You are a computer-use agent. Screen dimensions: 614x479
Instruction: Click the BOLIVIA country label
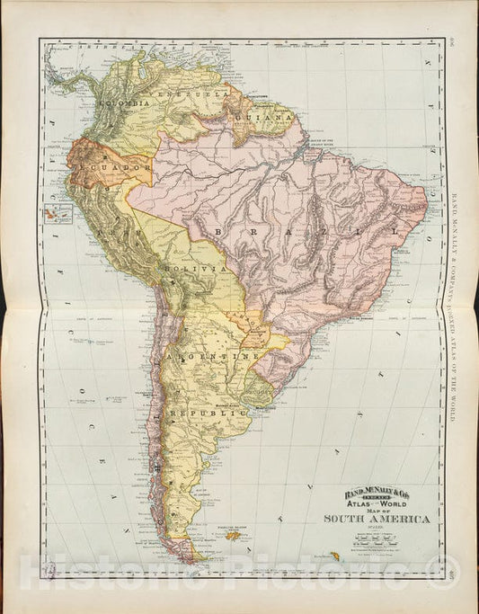point(191,269)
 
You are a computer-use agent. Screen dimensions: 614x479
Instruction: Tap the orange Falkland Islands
point(237,536)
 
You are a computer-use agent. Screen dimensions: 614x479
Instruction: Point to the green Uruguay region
point(262,387)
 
